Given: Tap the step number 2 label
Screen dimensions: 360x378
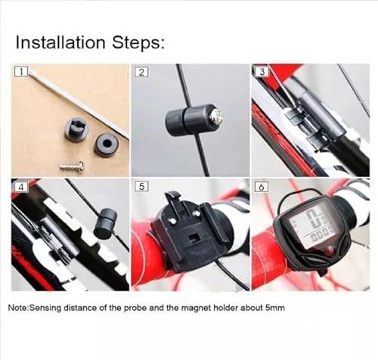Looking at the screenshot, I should [x=140, y=73].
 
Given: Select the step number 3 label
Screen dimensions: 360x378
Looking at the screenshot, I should [x=261, y=73].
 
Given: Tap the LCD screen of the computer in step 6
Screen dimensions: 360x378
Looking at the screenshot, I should [x=311, y=226].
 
